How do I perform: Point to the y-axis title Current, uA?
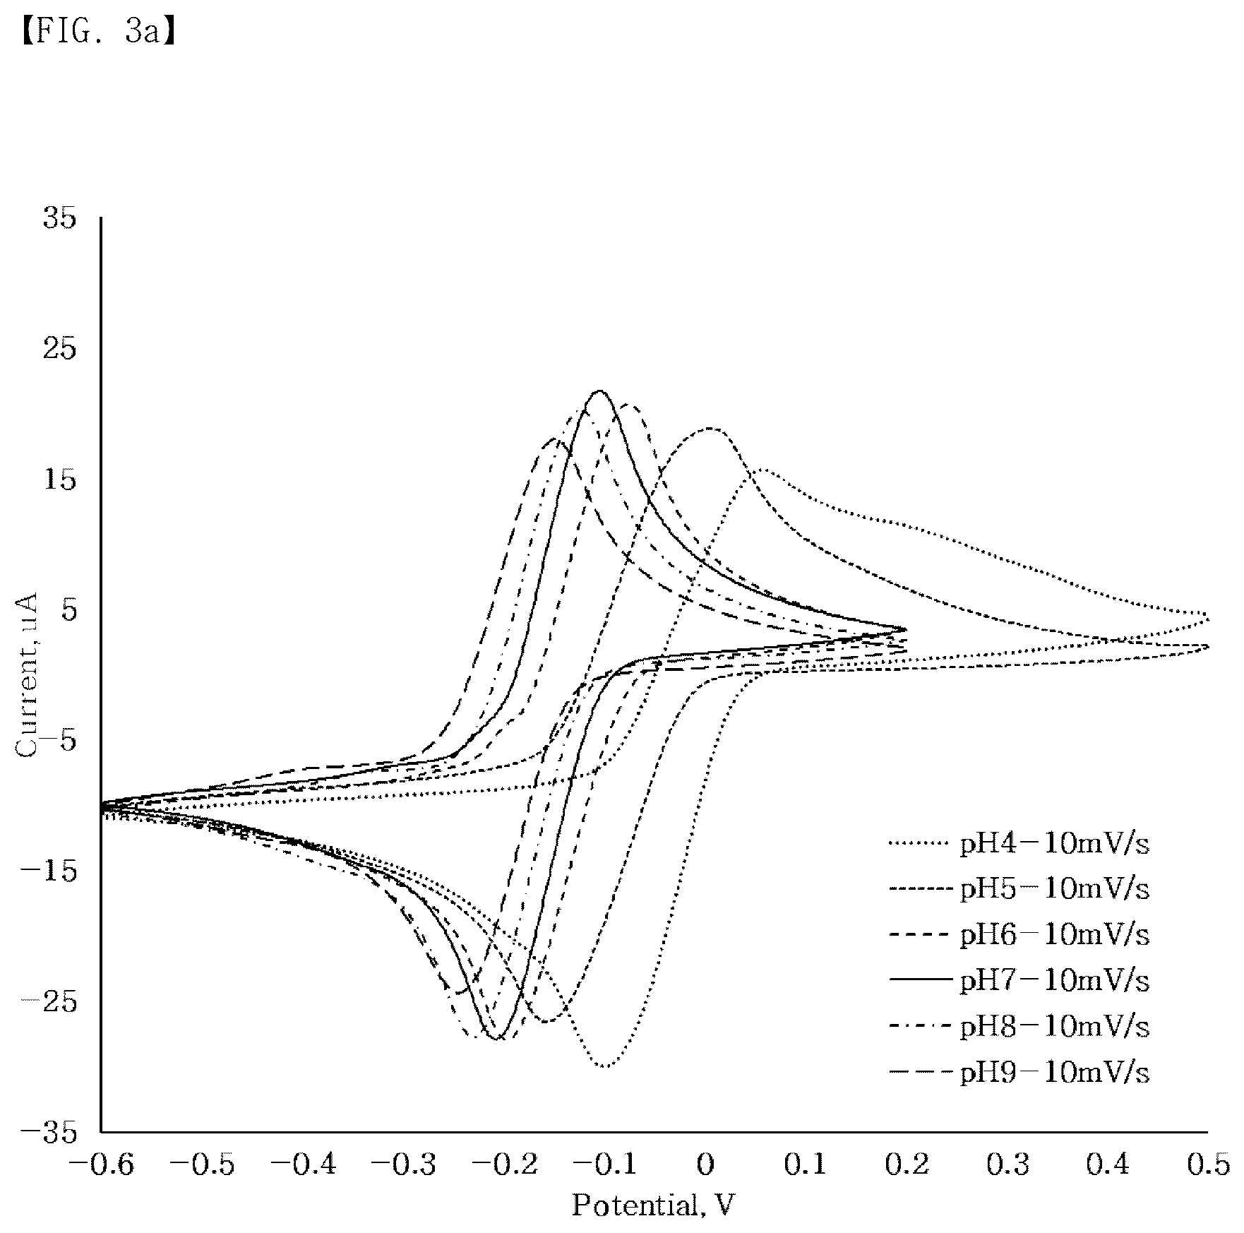[28, 676]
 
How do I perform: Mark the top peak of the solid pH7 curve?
[600, 391]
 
